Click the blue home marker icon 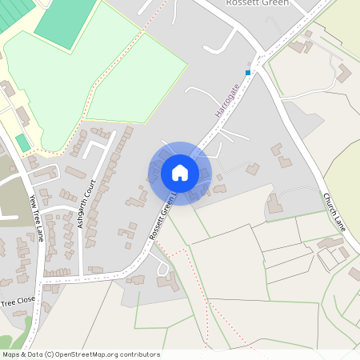coord(180,172)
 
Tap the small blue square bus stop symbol coord(249,73)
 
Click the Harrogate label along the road coord(227,100)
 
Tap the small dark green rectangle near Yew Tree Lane coord(22,143)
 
